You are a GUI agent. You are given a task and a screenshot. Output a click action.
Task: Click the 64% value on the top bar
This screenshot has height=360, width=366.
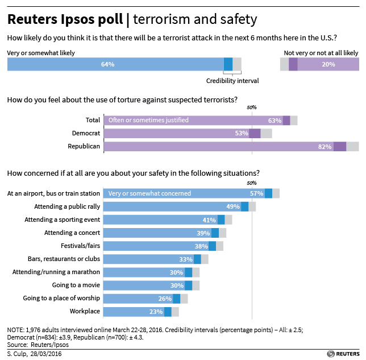107,64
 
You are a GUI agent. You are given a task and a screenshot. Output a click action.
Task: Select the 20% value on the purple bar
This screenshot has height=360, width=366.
328,64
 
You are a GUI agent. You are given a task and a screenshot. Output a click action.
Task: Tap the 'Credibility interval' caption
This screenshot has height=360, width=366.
232,81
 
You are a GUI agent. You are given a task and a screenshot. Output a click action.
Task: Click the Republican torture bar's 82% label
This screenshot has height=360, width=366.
325,146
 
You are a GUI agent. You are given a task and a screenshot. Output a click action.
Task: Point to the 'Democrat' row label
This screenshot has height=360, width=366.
86,133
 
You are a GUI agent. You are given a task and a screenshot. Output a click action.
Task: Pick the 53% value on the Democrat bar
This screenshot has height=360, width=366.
242,133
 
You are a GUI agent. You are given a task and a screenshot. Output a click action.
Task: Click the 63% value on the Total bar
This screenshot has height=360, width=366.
275,121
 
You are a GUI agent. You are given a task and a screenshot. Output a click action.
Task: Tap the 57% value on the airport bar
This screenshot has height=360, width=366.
257,193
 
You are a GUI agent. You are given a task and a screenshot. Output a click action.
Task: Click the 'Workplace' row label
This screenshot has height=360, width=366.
85,311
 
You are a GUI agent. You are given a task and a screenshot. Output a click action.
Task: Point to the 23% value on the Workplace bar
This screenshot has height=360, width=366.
156,311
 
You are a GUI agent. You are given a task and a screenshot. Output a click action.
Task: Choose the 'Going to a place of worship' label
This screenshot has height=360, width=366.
61,298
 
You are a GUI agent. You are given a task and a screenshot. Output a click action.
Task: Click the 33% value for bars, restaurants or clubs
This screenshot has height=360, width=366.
186,259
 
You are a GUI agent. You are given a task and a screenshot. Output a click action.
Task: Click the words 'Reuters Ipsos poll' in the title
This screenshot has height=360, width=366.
65,19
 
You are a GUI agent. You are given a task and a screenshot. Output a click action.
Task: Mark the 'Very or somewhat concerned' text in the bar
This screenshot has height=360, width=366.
149,193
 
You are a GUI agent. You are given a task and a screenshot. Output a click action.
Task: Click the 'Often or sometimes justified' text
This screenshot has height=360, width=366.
148,121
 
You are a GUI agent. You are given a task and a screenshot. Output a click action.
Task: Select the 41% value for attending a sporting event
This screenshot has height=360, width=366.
210,220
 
